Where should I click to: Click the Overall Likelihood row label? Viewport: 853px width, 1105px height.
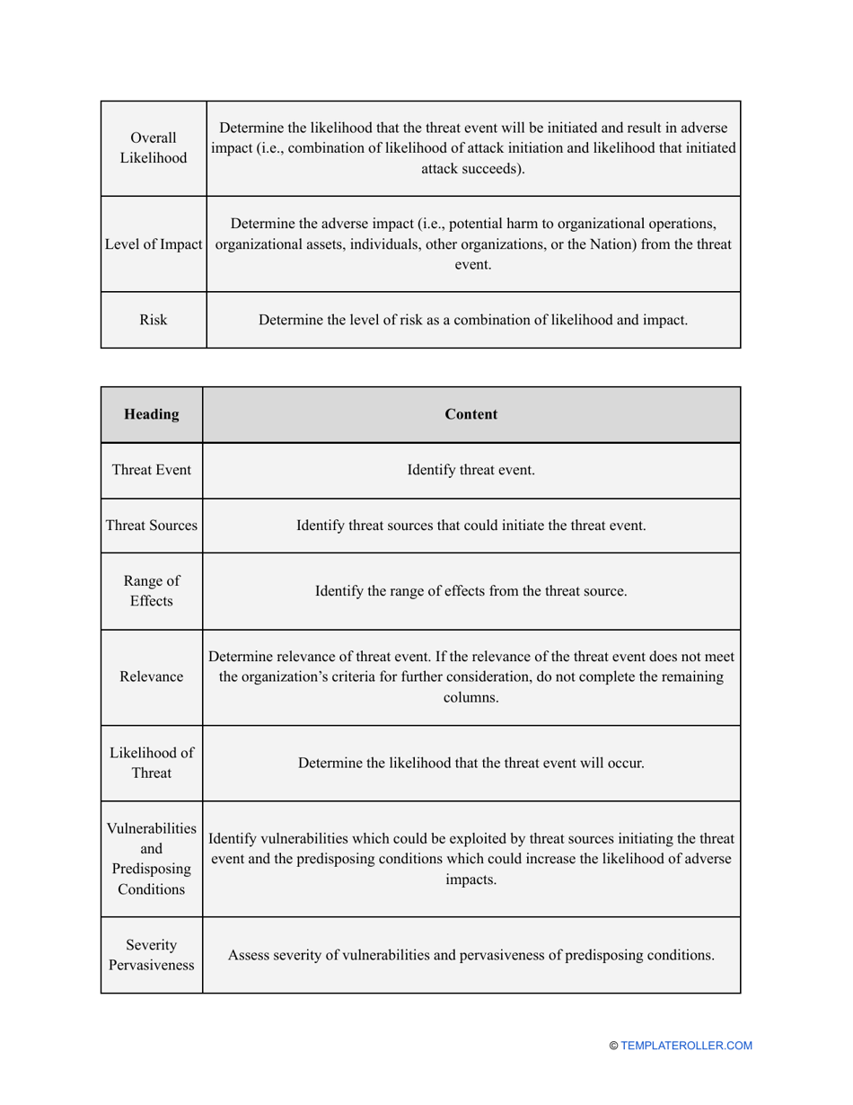153,148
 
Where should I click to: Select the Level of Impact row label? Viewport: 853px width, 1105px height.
154,244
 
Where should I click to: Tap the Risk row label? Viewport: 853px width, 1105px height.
153,319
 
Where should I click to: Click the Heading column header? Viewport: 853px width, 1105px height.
151,414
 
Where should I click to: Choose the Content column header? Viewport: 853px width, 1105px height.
471,414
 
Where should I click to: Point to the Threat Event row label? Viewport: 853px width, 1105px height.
151,470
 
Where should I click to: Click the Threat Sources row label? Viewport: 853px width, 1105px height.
151,526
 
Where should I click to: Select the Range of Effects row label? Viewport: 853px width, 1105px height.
151,591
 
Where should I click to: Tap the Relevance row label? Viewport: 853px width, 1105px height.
151,676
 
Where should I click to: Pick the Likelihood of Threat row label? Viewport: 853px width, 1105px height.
151,763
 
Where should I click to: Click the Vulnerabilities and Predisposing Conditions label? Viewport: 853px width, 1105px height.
151,858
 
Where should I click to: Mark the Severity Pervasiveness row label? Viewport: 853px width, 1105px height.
151,955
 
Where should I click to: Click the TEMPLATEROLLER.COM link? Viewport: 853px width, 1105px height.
686,1046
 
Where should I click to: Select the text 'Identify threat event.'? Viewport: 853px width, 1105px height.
471,470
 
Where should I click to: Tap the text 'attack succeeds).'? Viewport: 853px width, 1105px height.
473,168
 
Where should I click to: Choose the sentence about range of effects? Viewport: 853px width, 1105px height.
471,591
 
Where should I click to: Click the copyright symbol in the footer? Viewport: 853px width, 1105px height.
614,1046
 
